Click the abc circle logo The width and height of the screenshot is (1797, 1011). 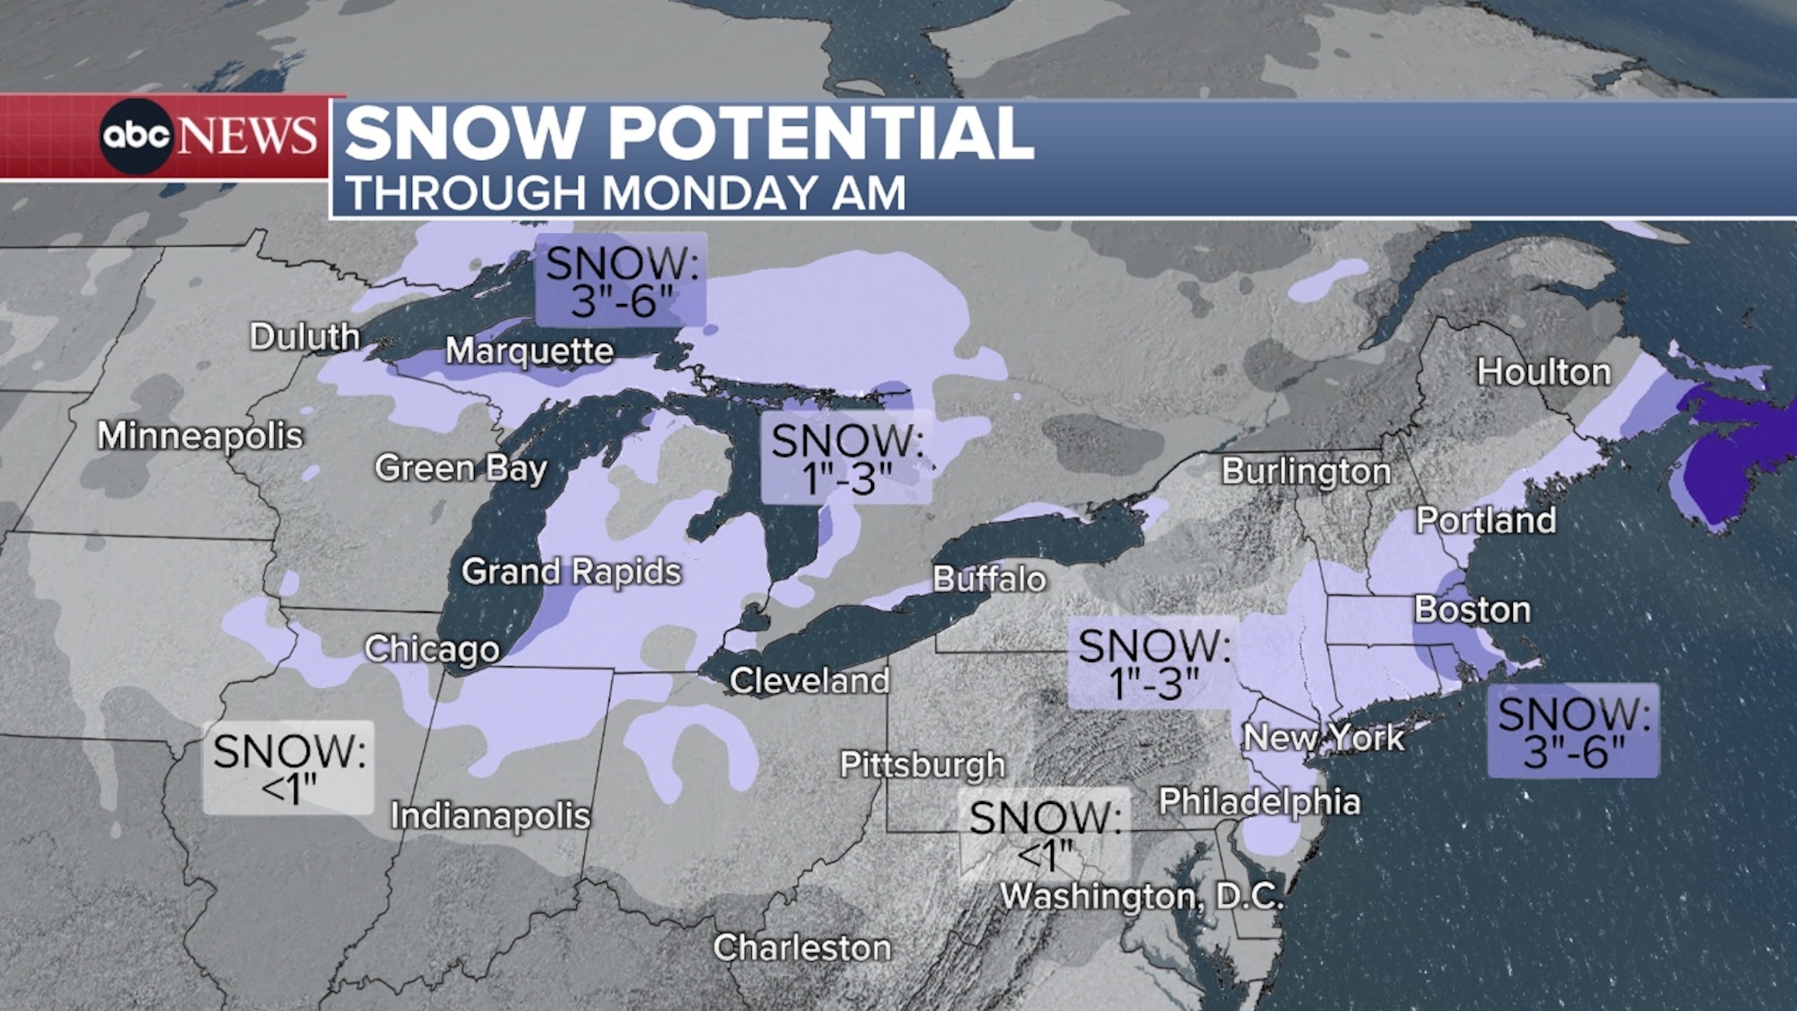(136, 137)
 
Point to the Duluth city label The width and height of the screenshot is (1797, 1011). (305, 338)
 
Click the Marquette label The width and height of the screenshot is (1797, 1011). (529, 351)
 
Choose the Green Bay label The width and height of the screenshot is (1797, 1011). (460, 468)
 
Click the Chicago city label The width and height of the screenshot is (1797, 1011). (432, 649)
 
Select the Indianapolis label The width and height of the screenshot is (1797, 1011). (490, 816)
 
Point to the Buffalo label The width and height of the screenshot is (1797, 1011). (989, 579)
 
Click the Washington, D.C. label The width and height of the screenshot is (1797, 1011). (1141, 896)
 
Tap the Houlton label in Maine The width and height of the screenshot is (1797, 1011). (1543, 373)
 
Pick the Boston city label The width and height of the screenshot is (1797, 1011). (1472, 610)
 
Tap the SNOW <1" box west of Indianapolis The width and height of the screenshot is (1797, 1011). (289, 768)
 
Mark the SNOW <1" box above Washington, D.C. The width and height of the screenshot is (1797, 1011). (1044, 834)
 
